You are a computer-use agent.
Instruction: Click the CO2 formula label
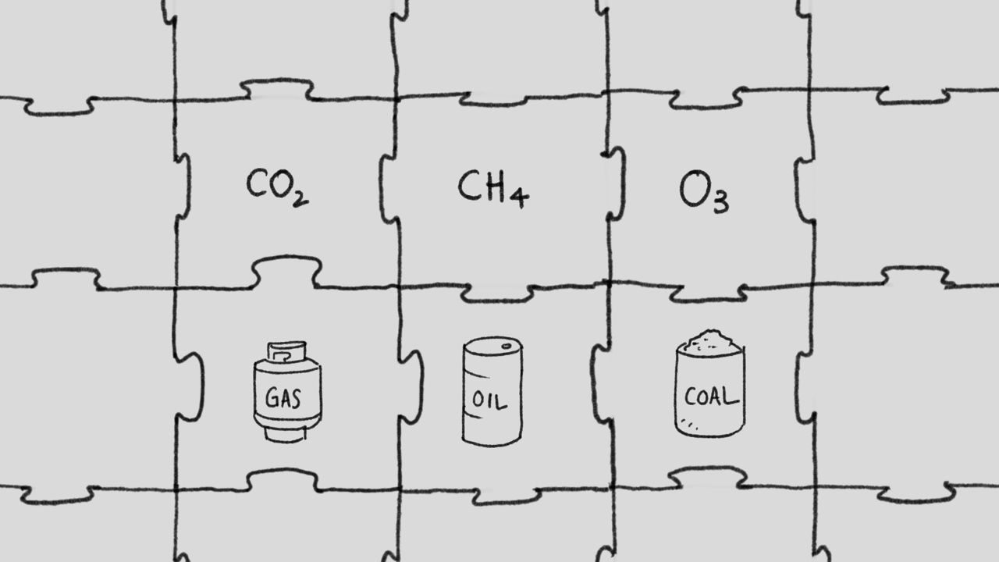pyautogui.click(x=276, y=187)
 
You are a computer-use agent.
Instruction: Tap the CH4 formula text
pyautogui.click(x=492, y=188)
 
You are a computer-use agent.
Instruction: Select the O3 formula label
pyautogui.click(x=704, y=193)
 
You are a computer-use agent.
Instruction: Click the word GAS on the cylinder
pyautogui.click(x=283, y=398)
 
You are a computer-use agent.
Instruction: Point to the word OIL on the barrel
pyautogui.click(x=490, y=401)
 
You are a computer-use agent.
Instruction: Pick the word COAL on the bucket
pyautogui.click(x=710, y=397)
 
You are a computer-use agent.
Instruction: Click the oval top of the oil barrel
pyautogui.click(x=492, y=345)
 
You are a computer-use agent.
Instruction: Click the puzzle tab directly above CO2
pyautogui.click(x=276, y=89)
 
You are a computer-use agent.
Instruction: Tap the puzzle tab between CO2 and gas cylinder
pyautogui.click(x=286, y=272)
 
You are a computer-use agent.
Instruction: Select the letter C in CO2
pyautogui.click(x=257, y=185)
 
